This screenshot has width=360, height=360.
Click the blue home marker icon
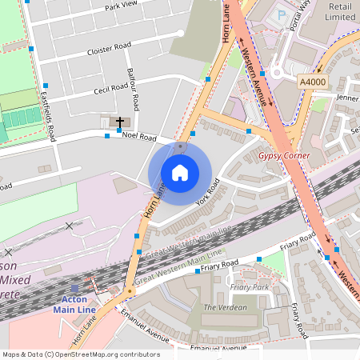click(180, 172)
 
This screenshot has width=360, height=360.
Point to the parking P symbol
click(280, 14)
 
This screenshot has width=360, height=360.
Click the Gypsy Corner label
click(284, 154)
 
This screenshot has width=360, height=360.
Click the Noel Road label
click(138, 136)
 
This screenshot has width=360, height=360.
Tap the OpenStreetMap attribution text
click(80, 354)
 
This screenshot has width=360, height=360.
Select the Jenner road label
click(347, 98)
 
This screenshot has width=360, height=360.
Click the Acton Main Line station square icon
click(75, 287)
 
